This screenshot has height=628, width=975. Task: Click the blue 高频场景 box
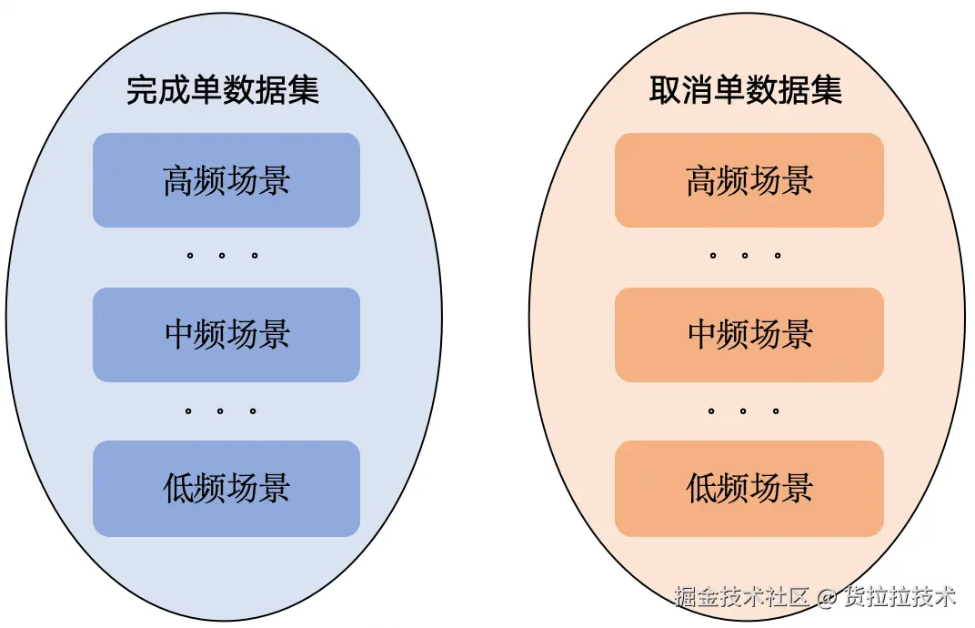[x=226, y=180]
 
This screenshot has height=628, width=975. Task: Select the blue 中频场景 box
[x=226, y=334]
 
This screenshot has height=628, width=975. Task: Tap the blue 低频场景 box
[x=226, y=488]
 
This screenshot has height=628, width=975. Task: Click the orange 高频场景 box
[x=749, y=180]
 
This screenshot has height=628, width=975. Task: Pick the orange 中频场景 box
[x=749, y=334]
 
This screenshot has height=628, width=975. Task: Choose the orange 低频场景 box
[x=749, y=488]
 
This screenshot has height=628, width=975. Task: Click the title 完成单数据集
[x=223, y=90]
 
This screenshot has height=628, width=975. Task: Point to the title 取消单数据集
[x=746, y=90]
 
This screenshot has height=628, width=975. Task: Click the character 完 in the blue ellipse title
[x=143, y=90]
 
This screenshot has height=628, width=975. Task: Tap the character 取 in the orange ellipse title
[x=666, y=90]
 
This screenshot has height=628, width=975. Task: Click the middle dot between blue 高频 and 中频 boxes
[x=222, y=256]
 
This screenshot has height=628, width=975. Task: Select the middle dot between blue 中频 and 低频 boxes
[x=221, y=411]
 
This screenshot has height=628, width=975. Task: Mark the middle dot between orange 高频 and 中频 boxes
[x=745, y=256]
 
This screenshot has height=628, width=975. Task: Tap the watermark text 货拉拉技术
[x=900, y=597]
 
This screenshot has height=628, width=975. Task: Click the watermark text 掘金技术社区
[x=741, y=597]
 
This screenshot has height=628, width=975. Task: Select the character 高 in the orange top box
[x=702, y=180]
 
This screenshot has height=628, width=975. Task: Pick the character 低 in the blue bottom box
[x=179, y=488]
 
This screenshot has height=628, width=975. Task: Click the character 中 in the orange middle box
[x=702, y=334]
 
